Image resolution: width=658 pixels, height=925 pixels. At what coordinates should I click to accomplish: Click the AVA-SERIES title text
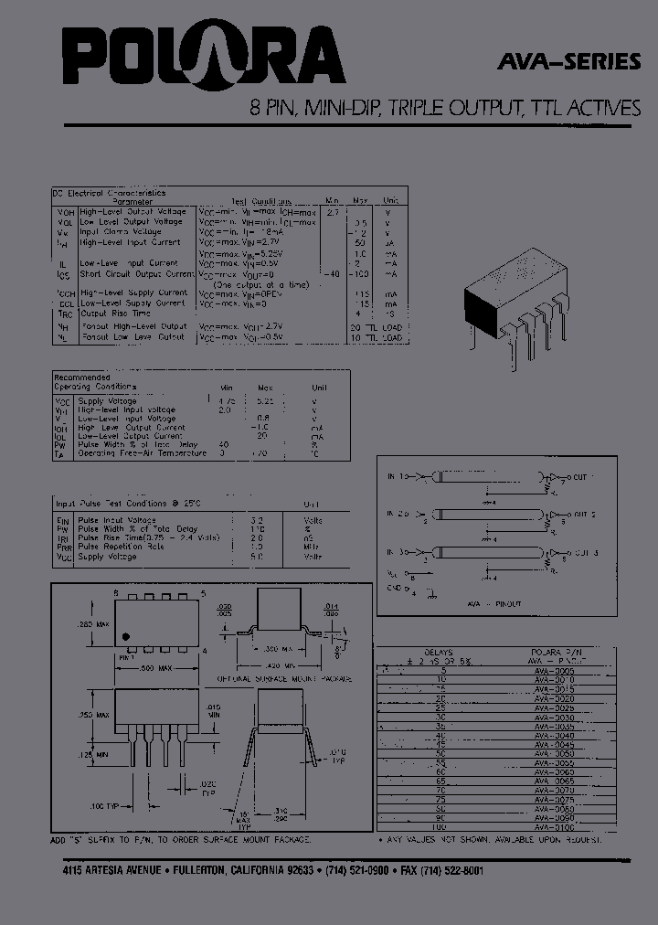click(569, 63)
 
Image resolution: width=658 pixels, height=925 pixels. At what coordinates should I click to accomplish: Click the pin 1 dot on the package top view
click(127, 636)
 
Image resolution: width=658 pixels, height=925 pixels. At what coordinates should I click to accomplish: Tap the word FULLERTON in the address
click(212, 870)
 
